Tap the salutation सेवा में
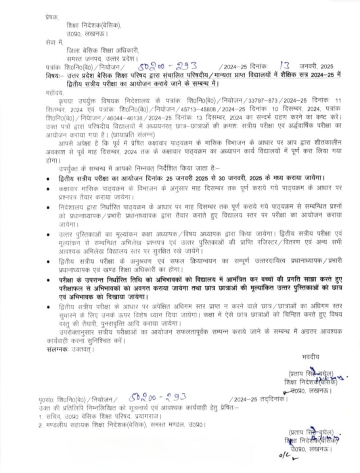pos(54,41)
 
